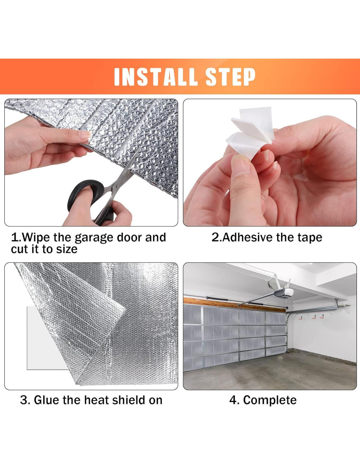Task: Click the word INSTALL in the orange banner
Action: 156,77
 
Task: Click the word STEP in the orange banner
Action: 230,77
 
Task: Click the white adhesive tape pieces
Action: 250,133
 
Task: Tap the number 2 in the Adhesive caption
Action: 215,237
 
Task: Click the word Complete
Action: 270,400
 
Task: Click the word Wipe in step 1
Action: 36,238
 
